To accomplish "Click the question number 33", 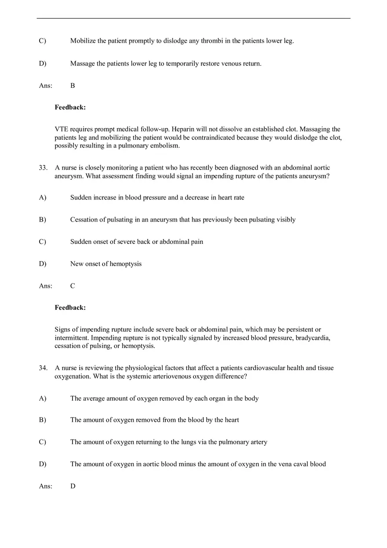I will (43, 168).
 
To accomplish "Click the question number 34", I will (43, 368).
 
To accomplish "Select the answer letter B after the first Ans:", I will (73, 86).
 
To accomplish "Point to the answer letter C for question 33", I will (73, 286).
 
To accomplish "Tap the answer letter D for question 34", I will (73, 486).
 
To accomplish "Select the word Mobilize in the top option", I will (83, 41).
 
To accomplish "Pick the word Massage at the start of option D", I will (83, 64).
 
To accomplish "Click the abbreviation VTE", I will (62, 129).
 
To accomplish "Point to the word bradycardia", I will (313, 338).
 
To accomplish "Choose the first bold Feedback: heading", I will (70, 107).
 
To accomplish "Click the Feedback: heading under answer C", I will (70, 308).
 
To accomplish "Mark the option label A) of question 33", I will (42, 198).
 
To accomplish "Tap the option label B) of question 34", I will (42, 420).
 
